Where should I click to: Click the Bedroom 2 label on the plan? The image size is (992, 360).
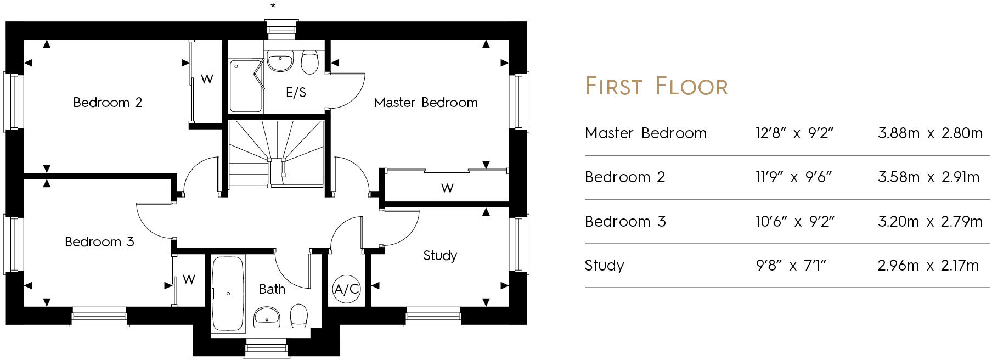point(108,103)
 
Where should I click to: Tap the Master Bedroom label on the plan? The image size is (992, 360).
point(425,103)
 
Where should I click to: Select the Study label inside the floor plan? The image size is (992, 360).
point(440,256)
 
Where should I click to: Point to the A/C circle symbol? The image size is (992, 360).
point(347,289)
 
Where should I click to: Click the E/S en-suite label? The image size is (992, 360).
point(296,93)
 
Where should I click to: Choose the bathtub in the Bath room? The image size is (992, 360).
point(228,294)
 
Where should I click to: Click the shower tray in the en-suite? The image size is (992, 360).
point(245,86)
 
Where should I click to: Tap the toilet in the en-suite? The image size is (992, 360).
point(310,63)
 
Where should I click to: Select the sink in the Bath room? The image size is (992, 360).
point(267,316)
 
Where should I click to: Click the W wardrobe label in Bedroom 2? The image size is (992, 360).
point(207,80)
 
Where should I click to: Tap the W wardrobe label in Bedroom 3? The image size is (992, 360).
point(189,279)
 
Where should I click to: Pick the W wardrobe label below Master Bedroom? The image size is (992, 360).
point(447,189)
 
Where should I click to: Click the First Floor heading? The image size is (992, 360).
point(656,87)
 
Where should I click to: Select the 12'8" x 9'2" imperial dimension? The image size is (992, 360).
point(794,133)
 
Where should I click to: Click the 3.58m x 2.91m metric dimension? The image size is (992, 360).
point(928,177)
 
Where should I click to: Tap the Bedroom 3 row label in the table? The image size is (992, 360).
point(625,222)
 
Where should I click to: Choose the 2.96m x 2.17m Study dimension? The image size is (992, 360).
point(928,266)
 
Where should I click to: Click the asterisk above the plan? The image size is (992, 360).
point(273,6)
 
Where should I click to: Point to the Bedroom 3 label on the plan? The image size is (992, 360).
point(99,242)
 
